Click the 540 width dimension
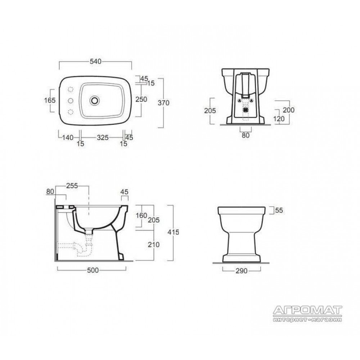95,62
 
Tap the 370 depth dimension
163,103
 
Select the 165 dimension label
50,100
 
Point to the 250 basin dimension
141,99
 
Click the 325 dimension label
103,138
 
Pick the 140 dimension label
68,138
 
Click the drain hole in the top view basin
95,100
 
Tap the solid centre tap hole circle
71,100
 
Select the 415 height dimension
173,232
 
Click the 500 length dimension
93,270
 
